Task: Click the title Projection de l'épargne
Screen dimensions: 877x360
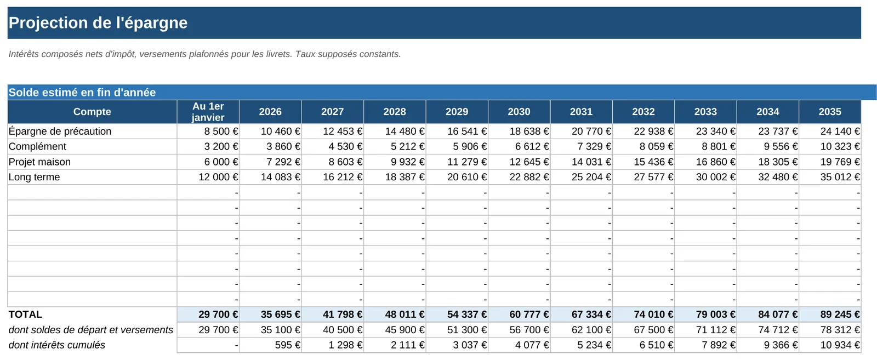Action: (98, 22)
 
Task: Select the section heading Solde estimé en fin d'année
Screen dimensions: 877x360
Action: (82, 93)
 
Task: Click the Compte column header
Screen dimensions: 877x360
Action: (93, 112)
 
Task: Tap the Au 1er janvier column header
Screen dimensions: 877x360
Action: (208, 112)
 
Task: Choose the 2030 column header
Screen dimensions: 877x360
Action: (519, 112)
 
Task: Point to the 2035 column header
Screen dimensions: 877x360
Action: (830, 112)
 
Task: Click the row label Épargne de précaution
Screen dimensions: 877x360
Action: (60, 131)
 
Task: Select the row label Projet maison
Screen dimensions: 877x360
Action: (39, 162)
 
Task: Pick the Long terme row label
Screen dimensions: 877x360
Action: (34, 177)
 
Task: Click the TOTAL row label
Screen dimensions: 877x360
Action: (25, 314)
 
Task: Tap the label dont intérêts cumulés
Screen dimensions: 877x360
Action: (57, 345)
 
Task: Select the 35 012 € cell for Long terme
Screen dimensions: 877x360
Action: (840, 177)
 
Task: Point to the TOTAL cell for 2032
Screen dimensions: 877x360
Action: (653, 314)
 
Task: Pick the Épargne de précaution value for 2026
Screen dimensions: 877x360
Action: (280, 131)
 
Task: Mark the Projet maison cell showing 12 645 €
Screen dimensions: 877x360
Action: (529, 162)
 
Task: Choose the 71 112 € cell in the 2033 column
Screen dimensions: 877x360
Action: (716, 329)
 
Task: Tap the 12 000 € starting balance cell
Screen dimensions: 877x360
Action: (218, 177)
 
